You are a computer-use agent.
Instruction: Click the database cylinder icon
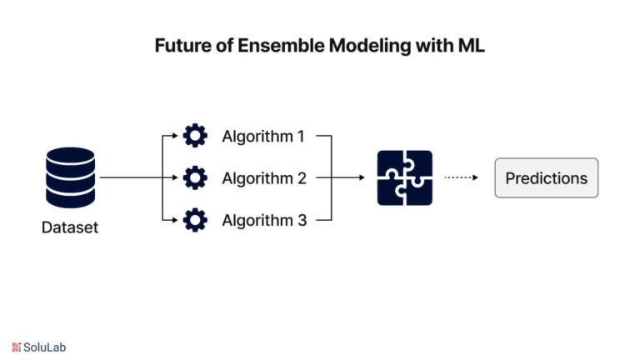pos(70,177)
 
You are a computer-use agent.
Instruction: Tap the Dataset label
pos(70,227)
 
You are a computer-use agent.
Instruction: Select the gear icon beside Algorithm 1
pos(195,136)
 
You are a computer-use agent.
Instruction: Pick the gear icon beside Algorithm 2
pos(195,177)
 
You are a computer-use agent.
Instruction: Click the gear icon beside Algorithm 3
pos(195,220)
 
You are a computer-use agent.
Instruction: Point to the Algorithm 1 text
pos(263,137)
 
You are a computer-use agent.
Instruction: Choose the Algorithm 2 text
pos(264,179)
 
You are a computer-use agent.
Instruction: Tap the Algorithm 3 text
pos(264,221)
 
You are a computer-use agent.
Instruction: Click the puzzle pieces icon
pos(404,178)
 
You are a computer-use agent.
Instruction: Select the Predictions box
pos(547,178)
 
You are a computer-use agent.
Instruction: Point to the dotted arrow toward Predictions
pos(461,177)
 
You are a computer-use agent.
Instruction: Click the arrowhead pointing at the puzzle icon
pos(362,177)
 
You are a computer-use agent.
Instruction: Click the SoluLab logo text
pos(44,347)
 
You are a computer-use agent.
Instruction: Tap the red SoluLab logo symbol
pos(17,347)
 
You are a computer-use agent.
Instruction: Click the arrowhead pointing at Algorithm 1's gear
pos(175,136)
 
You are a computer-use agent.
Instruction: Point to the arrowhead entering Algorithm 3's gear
pos(175,220)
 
